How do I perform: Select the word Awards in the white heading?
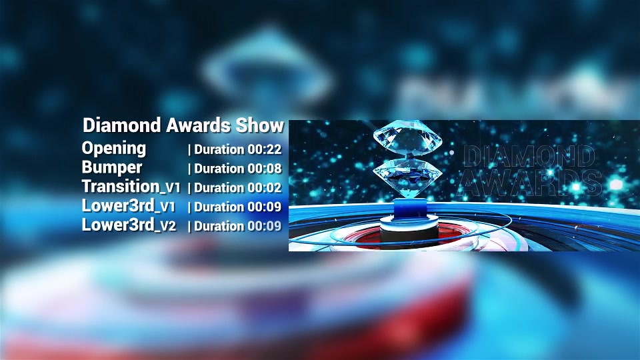[198, 125]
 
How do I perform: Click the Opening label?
[113, 149]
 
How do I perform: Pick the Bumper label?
[112, 167]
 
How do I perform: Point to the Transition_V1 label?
[131, 187]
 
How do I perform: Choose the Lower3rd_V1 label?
[129, 206]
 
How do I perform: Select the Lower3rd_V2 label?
[129, 225]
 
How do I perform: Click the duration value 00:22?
[265, 149]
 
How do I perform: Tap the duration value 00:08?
[265, 169]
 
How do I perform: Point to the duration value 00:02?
[265, 188]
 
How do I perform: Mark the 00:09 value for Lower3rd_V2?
[265, 226]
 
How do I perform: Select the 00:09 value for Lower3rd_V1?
[265, 207]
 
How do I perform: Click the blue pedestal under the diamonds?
[410, 208]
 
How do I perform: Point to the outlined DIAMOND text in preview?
[529, 156]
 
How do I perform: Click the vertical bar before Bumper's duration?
[189, 169]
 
